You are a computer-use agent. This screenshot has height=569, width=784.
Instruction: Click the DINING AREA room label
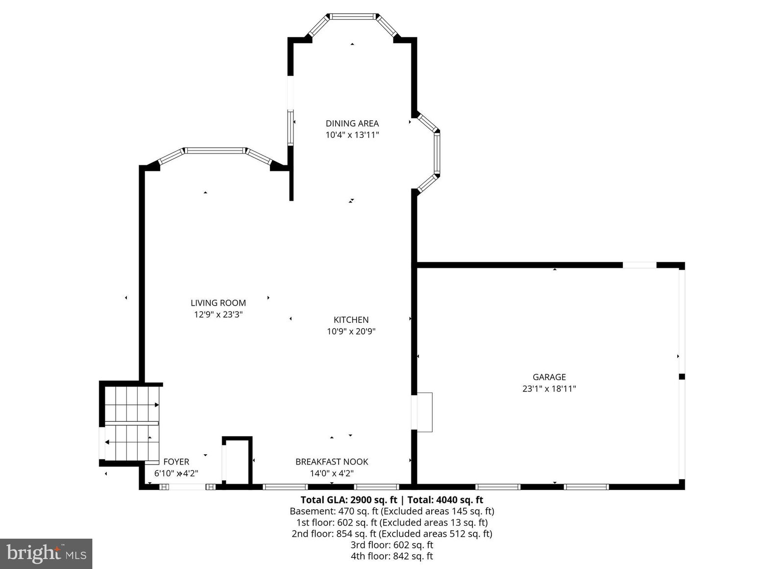[x=352, y=123]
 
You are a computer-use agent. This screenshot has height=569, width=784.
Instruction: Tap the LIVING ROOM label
[x=218, y=303]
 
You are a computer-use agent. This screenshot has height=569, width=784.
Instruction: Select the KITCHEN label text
[x=351, y=319]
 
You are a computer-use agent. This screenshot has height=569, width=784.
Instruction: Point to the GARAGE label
[x=549, y=377]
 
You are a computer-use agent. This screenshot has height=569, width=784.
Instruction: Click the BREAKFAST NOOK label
[x=332, y=462]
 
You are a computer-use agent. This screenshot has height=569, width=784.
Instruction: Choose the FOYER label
[x=176, y=462]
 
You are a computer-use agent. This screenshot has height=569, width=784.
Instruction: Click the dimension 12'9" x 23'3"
[x=219, y=314]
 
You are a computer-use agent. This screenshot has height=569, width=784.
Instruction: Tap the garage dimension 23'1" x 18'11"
[x=549, y=388]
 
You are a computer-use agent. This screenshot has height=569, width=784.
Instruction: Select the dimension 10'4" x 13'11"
[x=352, y=135]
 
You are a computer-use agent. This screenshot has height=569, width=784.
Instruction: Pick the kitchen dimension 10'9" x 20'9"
[x=351, y=331]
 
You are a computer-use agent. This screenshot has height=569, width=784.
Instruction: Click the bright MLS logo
[x=46, y=554]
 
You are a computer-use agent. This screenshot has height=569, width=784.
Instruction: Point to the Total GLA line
[x=392, y=500]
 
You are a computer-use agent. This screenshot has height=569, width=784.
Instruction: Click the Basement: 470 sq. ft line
[x=392, y=511]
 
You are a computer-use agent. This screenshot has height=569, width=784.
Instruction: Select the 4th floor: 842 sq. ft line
[x=392, y=556]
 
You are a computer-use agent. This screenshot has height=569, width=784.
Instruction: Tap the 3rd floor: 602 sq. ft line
[x=392, y=545]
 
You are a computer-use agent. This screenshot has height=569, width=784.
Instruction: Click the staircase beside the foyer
[x=132, y=423]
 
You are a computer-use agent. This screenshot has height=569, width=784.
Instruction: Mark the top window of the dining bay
[x=353, y=17]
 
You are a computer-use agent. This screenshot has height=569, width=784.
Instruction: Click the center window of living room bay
[x=215, y=151]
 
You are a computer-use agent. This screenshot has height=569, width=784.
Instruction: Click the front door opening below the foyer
[x=187, y=487]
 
